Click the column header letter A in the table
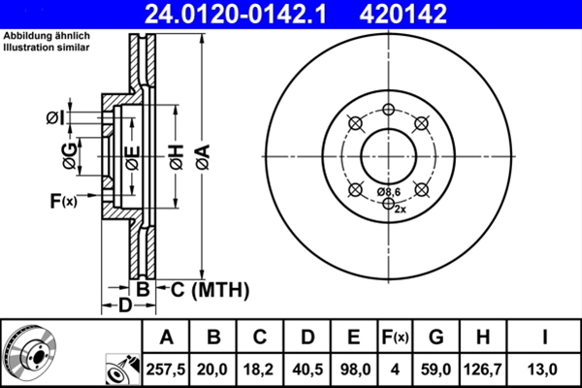(x=167, y=338)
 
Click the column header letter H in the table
(x=484, y=338)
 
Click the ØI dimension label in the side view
(x=55, y=117)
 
